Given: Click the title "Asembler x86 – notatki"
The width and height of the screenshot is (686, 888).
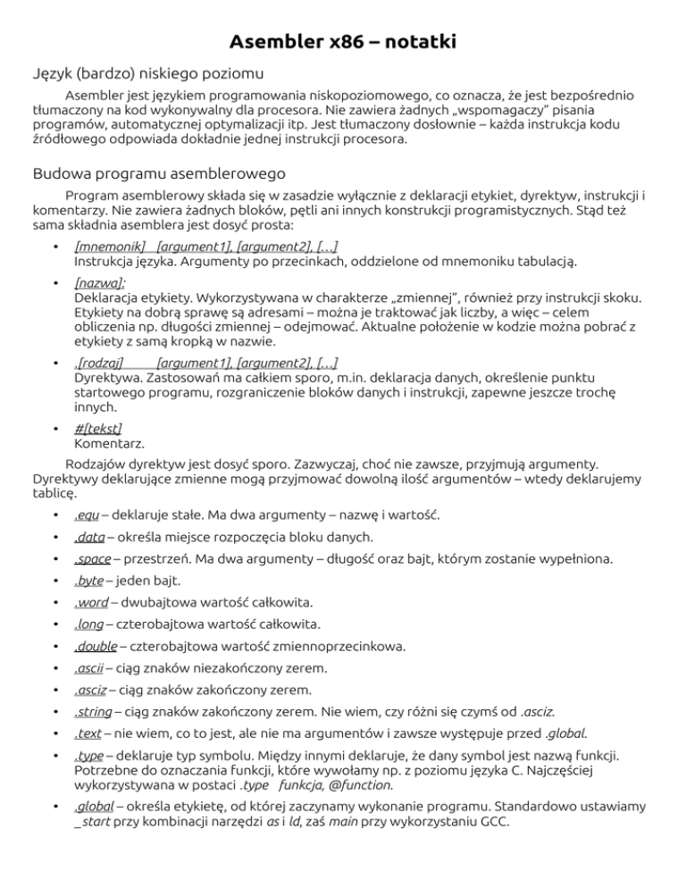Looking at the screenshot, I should (343, 41).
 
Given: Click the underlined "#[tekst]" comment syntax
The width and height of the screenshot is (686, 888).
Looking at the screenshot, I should (98, 426).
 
